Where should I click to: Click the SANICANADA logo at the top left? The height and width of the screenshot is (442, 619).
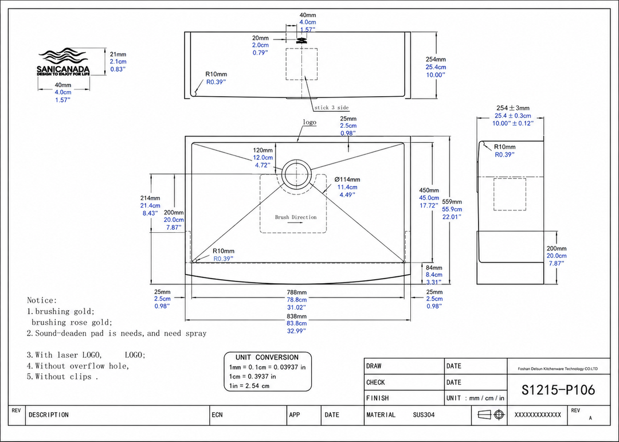pyautogui.click(x=63, y=62)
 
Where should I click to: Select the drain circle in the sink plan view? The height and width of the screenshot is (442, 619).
pyautogui.click(x=296, y=159)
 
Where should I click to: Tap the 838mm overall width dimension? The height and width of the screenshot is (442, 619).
pyautogui.click(x=297, y=316)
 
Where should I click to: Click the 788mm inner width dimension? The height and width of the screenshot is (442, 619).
pyautogui.click(x=297, y=292)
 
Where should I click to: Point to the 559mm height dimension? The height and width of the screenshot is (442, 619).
pyautogui.click(x=452, y=201)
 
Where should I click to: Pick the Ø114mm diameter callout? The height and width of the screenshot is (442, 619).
pyautogui.click(x=347, y=179)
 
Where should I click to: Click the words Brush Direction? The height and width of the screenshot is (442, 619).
pyautogui.click(x=296, y=217)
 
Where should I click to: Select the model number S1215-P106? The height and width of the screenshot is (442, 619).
pyautogui.click(x=558, y=390)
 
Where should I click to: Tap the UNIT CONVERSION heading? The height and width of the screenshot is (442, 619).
pyautogui.click(x=267, y=358)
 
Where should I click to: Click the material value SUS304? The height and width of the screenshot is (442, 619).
pyautogui.click(x=424, y=414)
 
